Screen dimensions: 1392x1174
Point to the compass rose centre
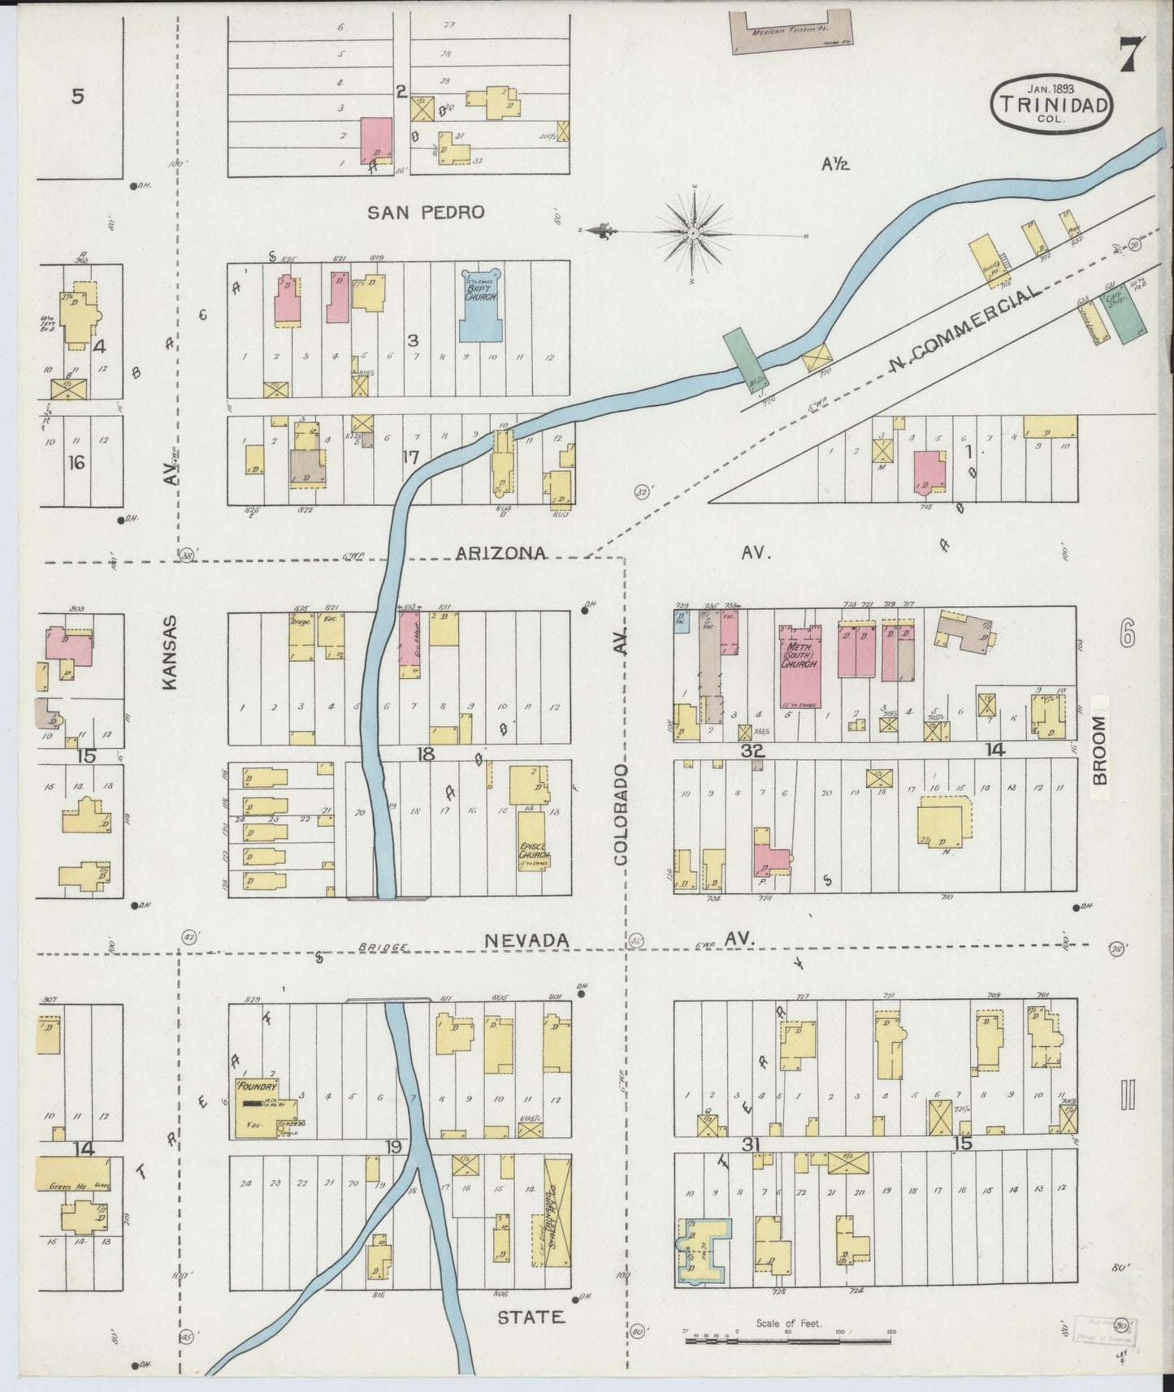(693, 233)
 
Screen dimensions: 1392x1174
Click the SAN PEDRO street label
(425, 213)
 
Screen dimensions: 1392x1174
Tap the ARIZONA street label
(500, 553)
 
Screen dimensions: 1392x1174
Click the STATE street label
(531, 1316)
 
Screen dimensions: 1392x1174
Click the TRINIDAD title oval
(1050, 104)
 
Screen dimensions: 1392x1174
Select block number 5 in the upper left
(77, 97)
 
